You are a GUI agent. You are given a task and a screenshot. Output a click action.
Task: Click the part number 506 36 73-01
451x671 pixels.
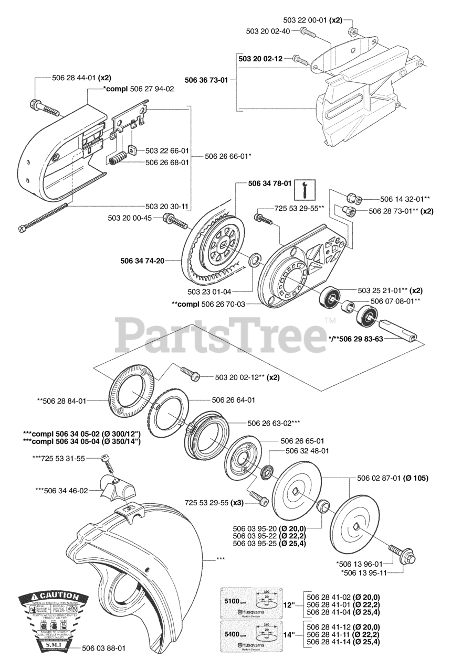click(206, 80)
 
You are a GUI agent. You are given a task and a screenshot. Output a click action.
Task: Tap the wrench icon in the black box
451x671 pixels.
click(301, 189)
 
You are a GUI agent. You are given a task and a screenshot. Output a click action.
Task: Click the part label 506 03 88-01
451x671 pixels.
click(104, 648)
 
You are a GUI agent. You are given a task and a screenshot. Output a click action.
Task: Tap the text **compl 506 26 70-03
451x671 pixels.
click(208, 304)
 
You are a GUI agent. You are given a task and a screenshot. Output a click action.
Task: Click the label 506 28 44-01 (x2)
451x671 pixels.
click(81, 78)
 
